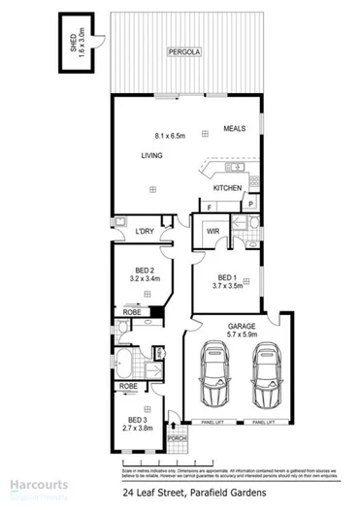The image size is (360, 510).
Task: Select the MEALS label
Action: click(235, 128)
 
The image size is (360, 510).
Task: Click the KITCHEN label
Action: click(227, 188)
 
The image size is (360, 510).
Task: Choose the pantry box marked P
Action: click(249, 204)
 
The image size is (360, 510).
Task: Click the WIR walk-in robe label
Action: click(213, 231)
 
